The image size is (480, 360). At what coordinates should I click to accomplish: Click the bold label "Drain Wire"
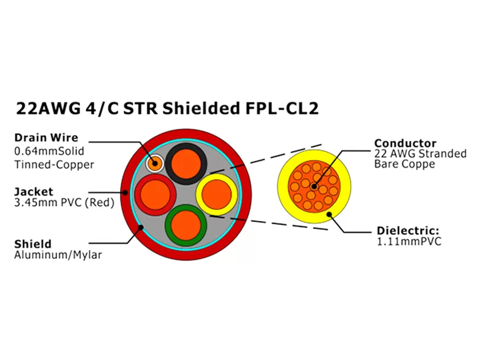coord(46,138)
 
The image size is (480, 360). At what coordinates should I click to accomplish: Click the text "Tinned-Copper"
coord(54,165)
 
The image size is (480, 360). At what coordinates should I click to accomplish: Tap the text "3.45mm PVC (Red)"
coord(64,203)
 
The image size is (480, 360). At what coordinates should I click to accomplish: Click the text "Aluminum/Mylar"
coord(58,255)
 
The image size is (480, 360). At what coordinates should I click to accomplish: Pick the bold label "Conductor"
coord(405,143)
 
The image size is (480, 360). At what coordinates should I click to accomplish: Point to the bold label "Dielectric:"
coord(407,231)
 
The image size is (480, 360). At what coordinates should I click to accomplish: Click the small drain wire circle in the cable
coord(154,163)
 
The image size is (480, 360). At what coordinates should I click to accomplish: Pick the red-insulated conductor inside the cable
coord(154,194)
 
